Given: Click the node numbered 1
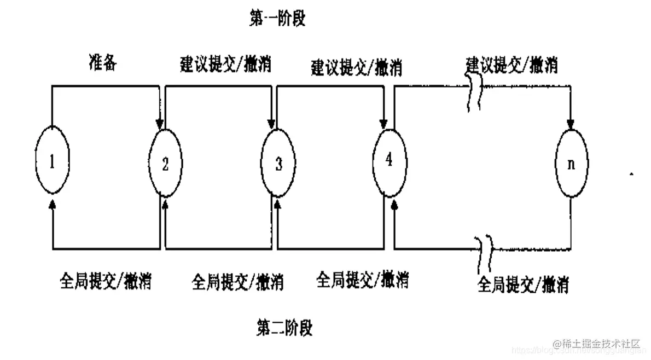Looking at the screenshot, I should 53,162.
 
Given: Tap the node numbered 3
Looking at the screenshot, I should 278,163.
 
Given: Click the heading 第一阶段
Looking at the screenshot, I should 277,19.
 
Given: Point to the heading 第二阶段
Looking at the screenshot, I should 284,328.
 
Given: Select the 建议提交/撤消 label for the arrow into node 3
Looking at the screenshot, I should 225,65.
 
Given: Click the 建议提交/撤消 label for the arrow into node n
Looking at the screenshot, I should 512,65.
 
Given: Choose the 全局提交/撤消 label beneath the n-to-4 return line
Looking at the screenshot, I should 523,284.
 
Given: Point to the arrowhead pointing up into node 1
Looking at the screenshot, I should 53,204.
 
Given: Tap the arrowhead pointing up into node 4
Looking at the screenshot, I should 394,205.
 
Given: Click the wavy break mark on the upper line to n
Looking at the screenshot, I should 474,94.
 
